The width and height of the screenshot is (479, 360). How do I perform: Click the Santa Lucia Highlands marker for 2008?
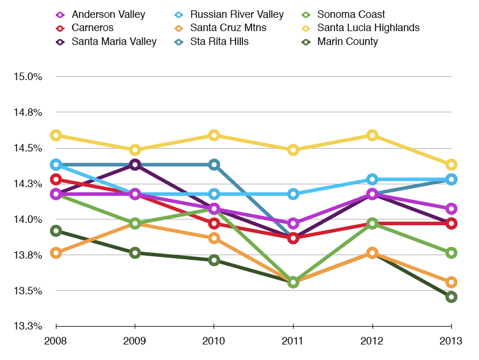[x=56, y=135]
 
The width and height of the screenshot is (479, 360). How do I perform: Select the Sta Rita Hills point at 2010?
[x=214, y=165]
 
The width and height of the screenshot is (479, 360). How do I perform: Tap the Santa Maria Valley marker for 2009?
[x=135, y=165]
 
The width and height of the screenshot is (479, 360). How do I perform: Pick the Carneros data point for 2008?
[x=56, y=180]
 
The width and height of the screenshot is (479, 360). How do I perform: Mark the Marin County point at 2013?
[x=451, y=297]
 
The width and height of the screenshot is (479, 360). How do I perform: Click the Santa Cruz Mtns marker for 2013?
[x=451, y=282]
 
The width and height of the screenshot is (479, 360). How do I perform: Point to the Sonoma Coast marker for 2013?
[x=451, y=252]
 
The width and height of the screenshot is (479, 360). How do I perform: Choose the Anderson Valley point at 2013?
[x=451, y=209]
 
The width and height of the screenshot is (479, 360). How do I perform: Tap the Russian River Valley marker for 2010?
[x=214, y=194]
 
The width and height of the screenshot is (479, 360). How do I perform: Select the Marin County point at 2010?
[x=214, y=260]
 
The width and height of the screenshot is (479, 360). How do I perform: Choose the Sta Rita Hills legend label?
[x=219, y=41]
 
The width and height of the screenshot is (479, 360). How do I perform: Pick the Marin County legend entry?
[x=347, y=41]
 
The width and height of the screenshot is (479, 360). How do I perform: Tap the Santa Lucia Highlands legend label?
[x=368, y=28]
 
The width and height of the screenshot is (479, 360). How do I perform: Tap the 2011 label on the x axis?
[x=293, y=340]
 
